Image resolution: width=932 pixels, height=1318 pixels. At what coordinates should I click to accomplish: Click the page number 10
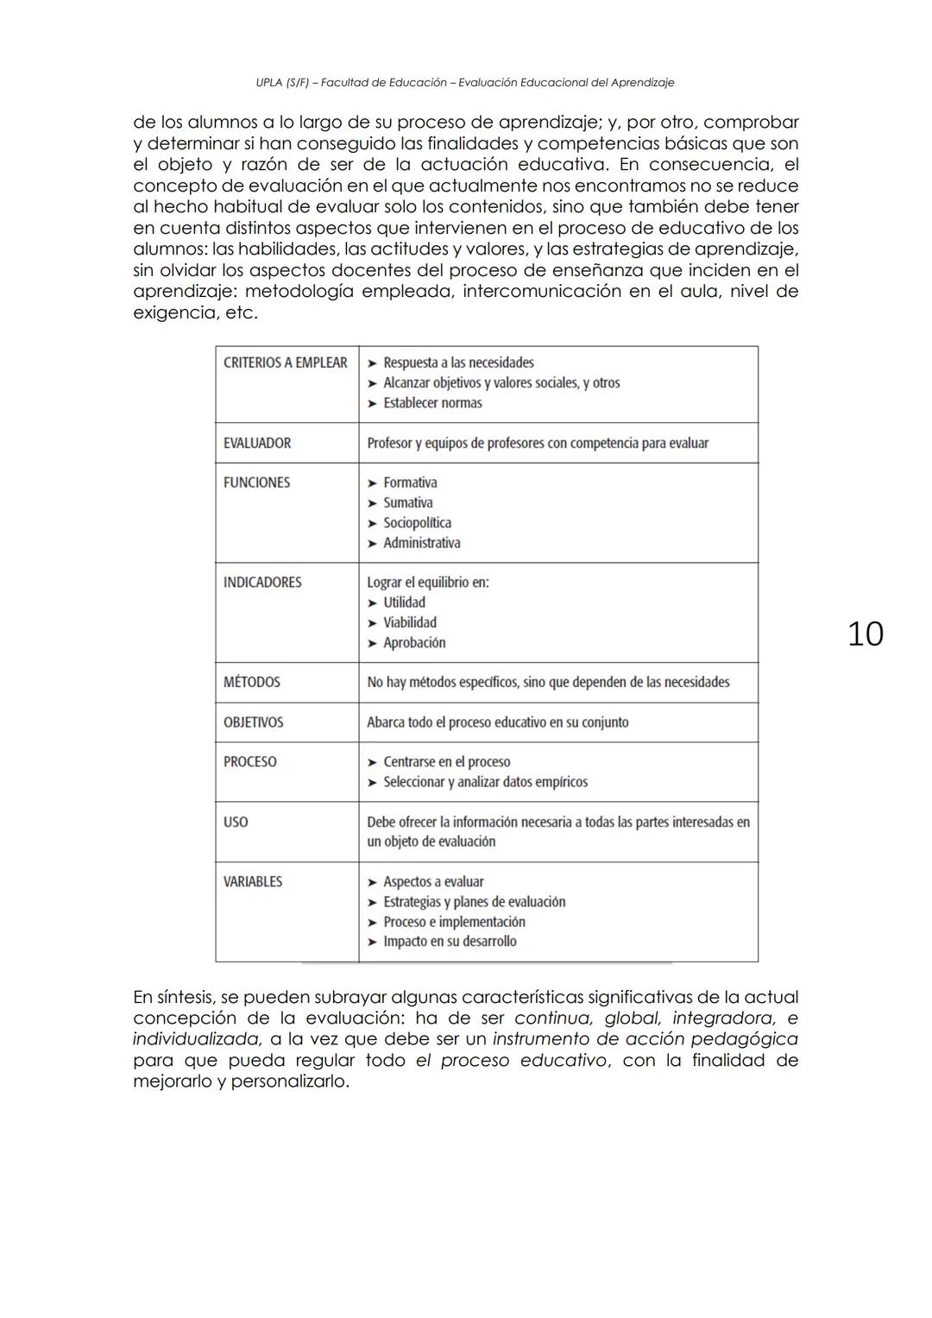865,634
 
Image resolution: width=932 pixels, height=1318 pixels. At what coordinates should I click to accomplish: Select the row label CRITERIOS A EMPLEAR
285,363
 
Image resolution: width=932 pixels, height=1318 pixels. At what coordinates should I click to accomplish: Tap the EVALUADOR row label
257,443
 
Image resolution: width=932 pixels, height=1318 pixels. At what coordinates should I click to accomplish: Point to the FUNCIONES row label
257,482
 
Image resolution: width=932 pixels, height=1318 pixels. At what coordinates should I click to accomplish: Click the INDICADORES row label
262,583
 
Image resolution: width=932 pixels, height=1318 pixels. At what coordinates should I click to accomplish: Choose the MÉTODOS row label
252,682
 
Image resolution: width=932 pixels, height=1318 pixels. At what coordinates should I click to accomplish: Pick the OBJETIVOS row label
253,722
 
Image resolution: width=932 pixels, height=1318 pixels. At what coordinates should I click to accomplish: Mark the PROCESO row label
250,762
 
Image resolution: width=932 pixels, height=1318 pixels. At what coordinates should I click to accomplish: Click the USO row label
236,822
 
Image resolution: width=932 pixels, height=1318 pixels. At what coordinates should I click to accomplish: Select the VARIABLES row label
253,881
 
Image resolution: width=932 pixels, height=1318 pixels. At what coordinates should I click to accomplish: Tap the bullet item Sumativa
408,502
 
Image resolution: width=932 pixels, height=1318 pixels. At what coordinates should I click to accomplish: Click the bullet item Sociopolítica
417,523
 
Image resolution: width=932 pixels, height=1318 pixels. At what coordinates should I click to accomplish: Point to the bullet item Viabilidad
410,622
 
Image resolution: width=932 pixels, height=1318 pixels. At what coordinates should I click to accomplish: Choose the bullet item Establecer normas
432,403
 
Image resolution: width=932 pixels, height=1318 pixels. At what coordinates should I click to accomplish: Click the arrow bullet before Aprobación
373,643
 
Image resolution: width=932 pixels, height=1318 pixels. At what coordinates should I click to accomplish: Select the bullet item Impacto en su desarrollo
450,942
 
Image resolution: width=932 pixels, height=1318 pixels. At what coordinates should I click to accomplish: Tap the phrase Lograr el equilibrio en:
428,583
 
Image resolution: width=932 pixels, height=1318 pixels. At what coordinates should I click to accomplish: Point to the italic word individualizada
197,1039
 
